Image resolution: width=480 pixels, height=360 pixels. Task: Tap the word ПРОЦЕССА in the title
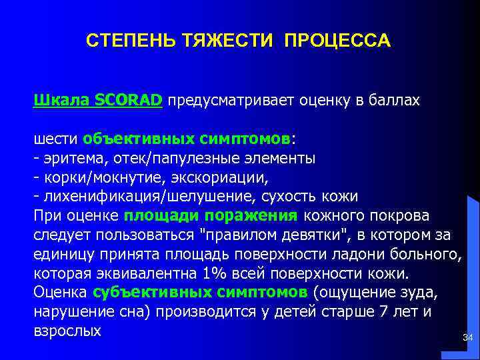click(337, 41)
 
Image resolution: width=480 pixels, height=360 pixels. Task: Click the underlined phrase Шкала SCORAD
click(98, 101)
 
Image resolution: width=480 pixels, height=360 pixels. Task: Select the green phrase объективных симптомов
click(187, 139)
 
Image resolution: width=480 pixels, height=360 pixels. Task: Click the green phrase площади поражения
click(211, 216)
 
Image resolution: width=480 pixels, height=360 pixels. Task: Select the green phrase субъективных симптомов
click(200, 293)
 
